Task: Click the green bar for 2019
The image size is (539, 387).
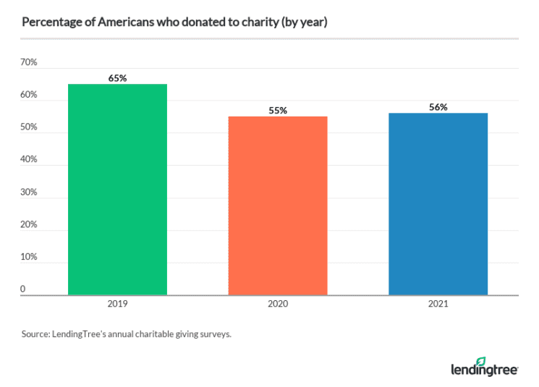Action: pos(117,190)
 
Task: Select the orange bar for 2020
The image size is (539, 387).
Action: pos(278,205)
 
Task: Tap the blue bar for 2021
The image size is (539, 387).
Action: pos(438,204)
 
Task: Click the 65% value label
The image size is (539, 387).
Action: pos(117,78)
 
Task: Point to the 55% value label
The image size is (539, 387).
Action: pos(278,111)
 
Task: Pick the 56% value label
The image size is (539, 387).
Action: pos(438,107)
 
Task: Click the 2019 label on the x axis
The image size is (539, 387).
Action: pos(117,304)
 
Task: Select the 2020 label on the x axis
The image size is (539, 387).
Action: pos(278,304)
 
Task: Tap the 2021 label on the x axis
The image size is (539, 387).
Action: pos(438,304)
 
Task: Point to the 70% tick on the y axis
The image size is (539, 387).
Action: pos(29,63)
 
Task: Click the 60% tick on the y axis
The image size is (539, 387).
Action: pos(29,95)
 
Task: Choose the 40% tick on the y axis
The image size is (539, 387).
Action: pos(29,160)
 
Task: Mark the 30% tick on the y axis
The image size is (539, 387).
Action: pos(29,192)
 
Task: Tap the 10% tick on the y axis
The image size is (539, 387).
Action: pos(29,257)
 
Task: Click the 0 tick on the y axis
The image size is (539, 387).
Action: pos(23,289)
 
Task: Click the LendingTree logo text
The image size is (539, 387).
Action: pos(475,370)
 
